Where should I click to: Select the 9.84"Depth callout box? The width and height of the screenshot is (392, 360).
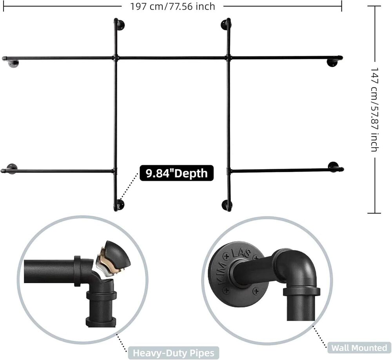pyautogui.click(x=176, y=173)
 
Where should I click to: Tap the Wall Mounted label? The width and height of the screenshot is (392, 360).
pyautogui.click(x=359, y=347)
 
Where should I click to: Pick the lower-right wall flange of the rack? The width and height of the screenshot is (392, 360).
pyautogui.click(x=334, y=166)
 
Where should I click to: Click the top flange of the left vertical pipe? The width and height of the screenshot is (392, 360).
pyautogui.click(x=120, y=25)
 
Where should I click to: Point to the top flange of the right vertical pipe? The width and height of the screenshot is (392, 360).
pyautogui.click(x=225, y=24)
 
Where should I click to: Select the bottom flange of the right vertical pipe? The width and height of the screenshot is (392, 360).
pyautogui.click(x=227, y=204)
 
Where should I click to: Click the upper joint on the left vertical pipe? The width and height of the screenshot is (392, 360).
pyautogui.click(x=116, y=58)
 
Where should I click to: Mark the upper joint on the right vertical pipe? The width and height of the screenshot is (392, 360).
pyautogui.click(x=228, y=58)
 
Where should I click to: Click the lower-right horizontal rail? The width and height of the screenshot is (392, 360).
pyautogui.click(x=282, y=170)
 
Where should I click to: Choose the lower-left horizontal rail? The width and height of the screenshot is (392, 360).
pyautogui.click(x=59, y=171)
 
